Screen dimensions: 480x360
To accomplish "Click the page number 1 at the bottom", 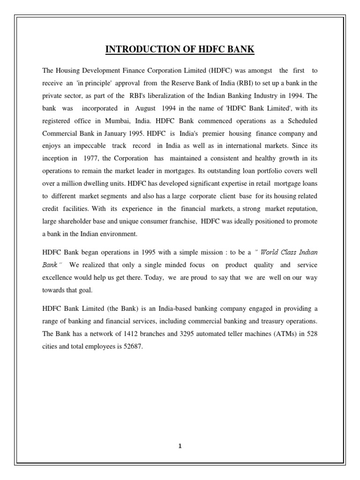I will [180, 446].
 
